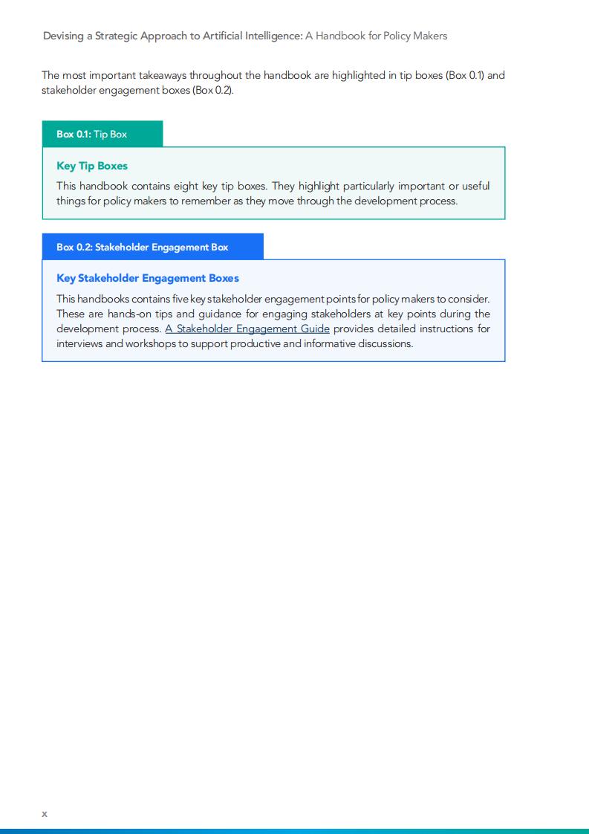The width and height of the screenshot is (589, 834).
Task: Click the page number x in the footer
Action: click(x=45, y=814)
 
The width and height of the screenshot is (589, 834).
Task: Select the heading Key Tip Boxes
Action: click(x=92, y=166)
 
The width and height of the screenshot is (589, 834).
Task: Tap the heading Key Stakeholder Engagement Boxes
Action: click(x=148, y=278)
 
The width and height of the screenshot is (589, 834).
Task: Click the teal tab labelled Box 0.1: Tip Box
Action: click(x=102, y=134)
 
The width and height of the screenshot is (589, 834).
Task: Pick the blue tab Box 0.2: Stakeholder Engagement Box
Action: click(x=152, y=247)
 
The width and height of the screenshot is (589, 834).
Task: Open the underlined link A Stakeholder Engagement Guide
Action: click(x=247, y=329)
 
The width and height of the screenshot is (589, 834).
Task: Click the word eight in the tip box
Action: click(x=186, y=186)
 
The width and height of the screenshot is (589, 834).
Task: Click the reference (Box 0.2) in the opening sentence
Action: click(x=213, y=90)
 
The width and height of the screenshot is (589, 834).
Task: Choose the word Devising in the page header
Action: click(x=64, y=36)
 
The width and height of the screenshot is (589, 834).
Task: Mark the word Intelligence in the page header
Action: click(x=272, y=36)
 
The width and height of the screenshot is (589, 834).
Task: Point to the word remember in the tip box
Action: click(x=221, y=201)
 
